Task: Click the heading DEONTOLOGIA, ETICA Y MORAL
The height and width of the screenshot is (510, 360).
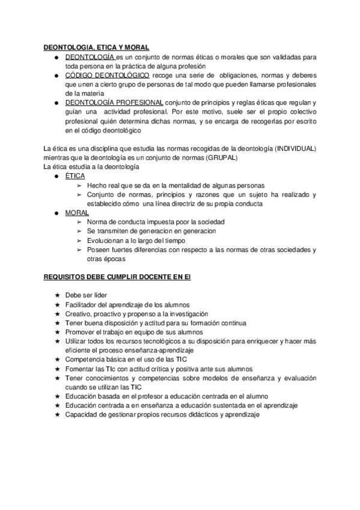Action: [97, 48]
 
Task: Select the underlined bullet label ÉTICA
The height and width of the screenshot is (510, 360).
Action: [75, 176]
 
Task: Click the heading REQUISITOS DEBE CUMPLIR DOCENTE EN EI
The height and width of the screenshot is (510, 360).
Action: [118, 278]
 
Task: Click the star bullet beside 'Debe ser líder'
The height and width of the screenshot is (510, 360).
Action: [56, 296]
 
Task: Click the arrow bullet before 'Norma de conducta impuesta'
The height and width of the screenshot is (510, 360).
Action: [79, 223]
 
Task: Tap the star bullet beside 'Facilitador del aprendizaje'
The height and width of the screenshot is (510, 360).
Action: [56, 305]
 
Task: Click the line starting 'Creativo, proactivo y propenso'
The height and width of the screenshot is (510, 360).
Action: [136, 314]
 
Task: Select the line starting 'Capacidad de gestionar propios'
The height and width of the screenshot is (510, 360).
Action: [162, 414]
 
